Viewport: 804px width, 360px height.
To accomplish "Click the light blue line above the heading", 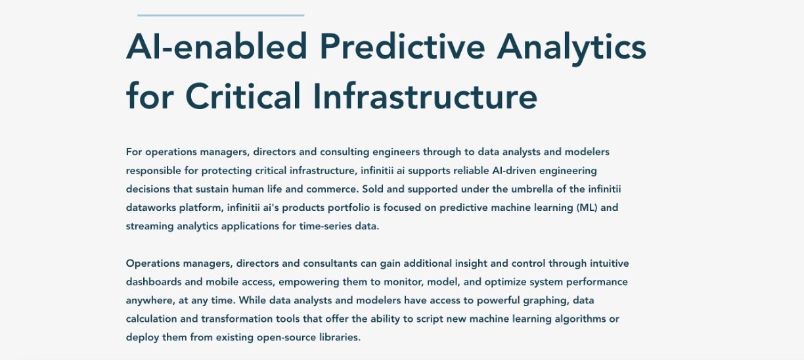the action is pos(221,15).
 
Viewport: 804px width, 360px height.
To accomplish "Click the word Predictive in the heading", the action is pos(403,46).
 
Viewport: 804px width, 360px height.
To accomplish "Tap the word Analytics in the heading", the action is pos(571,49).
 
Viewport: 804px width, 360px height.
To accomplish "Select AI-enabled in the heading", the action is pos(216,46).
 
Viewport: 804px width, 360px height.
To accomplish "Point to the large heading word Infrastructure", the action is pos(426,95).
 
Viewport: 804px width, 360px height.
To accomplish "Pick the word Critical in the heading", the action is pos(243,95).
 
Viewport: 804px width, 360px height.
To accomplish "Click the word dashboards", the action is pos(154,282).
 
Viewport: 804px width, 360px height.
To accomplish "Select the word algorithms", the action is pos(580,319).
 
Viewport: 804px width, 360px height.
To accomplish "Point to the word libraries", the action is pos(340,338).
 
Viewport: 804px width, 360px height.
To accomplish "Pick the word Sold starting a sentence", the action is pos(372,189).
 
